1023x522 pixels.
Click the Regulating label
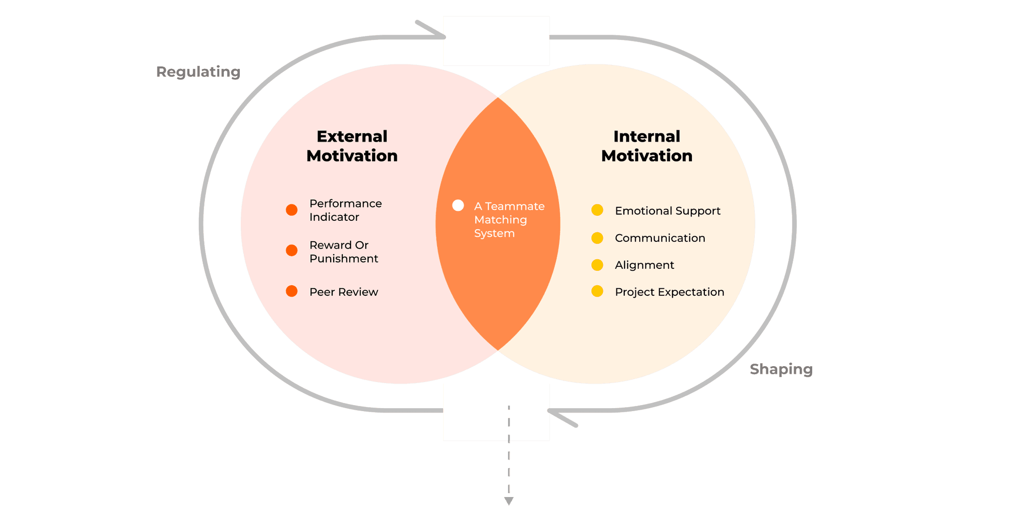[198, 72]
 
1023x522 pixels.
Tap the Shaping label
[781, 370]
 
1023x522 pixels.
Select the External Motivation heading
[352, 146]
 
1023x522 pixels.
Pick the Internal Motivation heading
[647, 146]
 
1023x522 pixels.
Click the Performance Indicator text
[346, 210]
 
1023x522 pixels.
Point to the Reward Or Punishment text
[344, 252]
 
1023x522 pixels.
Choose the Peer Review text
[344, 292]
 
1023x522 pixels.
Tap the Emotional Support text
[667, 211]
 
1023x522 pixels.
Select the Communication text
[660, 238]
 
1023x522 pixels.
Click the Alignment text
[644, 265]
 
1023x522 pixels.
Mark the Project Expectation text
[669, 292]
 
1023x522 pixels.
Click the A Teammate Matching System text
[509, 220]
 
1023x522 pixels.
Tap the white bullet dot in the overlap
[458, 205]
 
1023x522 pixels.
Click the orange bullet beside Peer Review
[292, 291]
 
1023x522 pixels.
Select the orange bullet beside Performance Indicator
[292, 210]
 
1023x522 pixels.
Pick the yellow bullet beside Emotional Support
[597, 210]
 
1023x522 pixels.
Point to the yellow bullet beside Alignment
[597, 265]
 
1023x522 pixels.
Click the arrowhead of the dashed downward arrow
[509, 501]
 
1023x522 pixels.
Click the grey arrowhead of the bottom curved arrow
[562, 418]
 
